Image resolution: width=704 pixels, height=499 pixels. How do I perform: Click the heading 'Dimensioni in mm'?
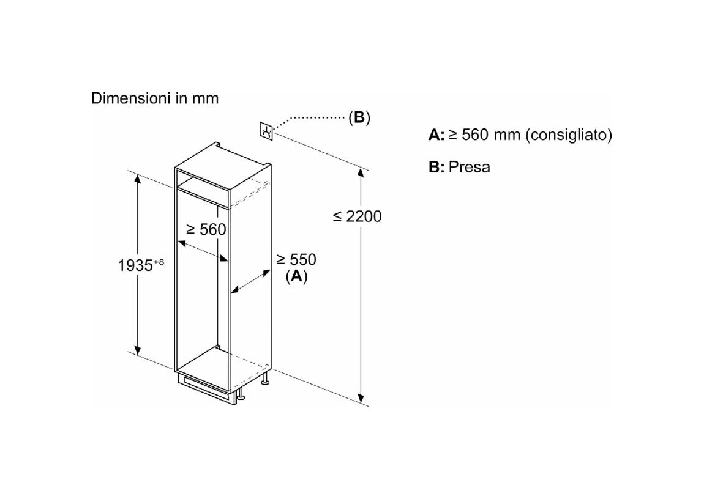coord(154,98)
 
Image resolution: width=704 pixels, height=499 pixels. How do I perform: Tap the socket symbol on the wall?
coord(266,131)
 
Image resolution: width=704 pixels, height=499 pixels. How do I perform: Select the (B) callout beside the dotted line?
coord(359,117)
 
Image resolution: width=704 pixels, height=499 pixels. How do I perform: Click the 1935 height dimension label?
coord(135,265)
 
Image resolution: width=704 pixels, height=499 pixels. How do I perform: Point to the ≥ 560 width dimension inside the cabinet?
coord(206,229)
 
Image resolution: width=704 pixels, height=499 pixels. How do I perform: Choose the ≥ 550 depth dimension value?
coord(296,259)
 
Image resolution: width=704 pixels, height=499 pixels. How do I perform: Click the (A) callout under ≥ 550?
coord(296,276)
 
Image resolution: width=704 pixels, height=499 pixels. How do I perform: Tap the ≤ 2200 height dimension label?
coord(358,216)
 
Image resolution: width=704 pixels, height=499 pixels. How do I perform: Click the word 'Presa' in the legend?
coord(469,167)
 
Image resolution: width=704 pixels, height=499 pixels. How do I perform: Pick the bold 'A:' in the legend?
coord(436,135)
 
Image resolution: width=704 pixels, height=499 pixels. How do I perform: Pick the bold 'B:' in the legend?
coord(436,167)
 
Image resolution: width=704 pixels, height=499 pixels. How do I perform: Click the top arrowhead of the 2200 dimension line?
coord(361,172)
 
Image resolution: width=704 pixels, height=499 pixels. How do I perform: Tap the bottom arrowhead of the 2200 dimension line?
coord(361,397)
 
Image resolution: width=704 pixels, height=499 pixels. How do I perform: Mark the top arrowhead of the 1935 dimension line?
coord(138,179)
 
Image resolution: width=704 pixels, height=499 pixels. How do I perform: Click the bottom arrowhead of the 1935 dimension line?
coord(138,349)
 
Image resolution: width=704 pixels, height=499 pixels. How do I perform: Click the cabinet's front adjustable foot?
coord(241,394)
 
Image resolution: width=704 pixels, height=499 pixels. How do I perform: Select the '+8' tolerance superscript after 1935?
coord(159,262)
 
